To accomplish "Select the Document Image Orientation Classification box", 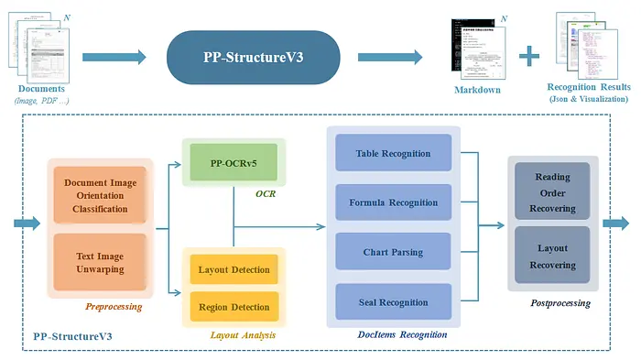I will pyautogui.click(x=100, y=195).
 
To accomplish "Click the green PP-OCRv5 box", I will pyautogui.click(x=235, y=162).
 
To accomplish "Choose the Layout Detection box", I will pyautogui.click(x=234, y=269).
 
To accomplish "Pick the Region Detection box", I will pyautogui.click(x=234, y=307).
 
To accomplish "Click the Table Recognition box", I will pyautogui.click(x=394, y=153).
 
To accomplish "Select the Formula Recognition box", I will pyautogui.click(x=394, y=202).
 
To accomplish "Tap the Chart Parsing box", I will pyautogui.click(x=394, y=252).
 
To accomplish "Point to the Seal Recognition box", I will pyautogui.click(x=394, y=302).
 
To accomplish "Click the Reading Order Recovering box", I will pyautogui.click(x=552, y=193).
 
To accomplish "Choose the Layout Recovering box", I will pyautogui.click(x=552, y=256).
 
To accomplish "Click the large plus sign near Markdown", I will pyautogui.click(x=528, y=57).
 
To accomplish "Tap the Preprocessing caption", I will pyautogui.click(x=114, y=307).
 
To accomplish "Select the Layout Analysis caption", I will pyautogui.click(x=243, y=335).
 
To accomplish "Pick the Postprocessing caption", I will pyautogui.click(x=560, y=302).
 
